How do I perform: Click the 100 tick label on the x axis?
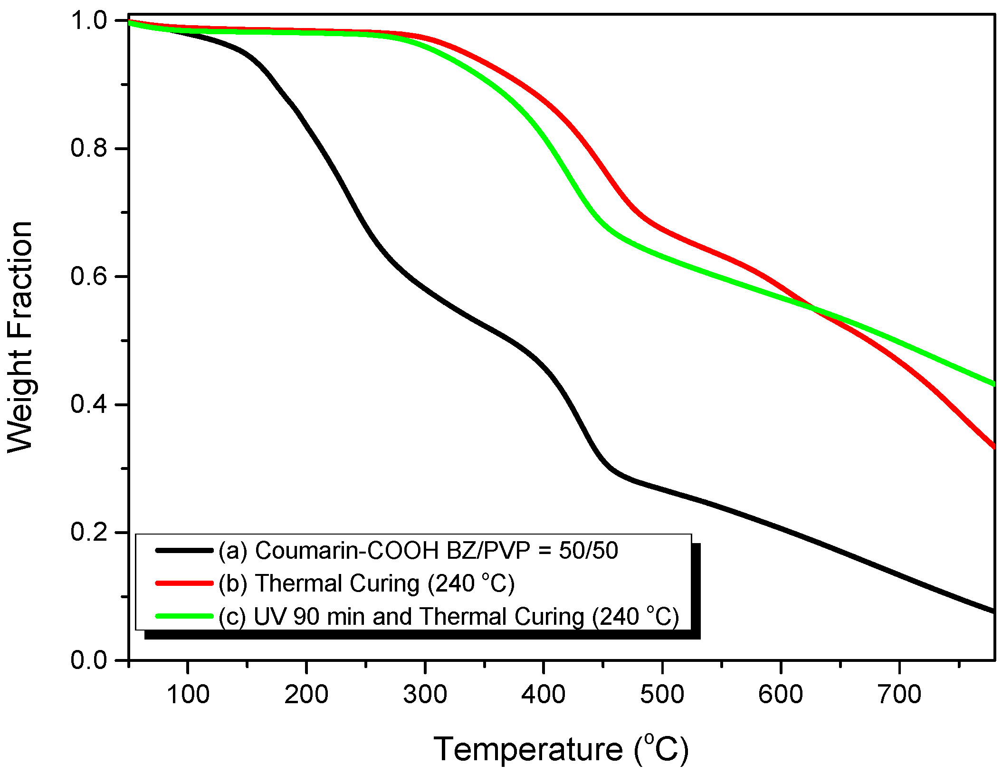click(188, 694)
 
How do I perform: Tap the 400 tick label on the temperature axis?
click(543, 694)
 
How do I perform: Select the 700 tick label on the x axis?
click(899, 694)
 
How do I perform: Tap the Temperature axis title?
click(561, 749)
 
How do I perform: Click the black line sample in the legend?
click(184, 550)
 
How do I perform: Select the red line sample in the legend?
click(184, 583)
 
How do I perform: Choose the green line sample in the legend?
click(184, 616)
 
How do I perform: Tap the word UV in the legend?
click(270, 617)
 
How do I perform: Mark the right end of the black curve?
click(993, 611)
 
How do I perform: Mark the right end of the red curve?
click(993, 447)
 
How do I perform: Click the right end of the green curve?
click(993, 384)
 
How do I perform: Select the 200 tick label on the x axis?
click(306, 694)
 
